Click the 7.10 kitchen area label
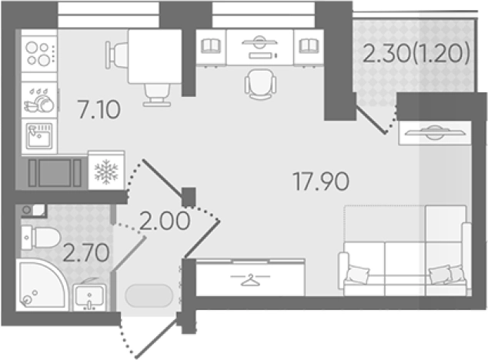[x=99, y=109]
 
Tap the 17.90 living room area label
[x=321, y=182]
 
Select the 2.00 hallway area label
[x=164, y=221]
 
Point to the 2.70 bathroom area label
[x=86, y=252]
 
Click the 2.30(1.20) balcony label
[x=416, y=53]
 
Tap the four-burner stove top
[x=39, y=54]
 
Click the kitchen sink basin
[x=39, y=135]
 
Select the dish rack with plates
[x=39, y=100]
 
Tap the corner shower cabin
[x=42, y=285]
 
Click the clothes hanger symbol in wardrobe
[x=250, y=279]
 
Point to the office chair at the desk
[x=260, y=84]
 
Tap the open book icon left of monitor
[x=211, y=45]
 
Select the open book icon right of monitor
[x=309, y=45]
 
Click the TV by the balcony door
[x=435, y=132]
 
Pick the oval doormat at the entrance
[x=149, y=295]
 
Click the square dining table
[x=155, y=56]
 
